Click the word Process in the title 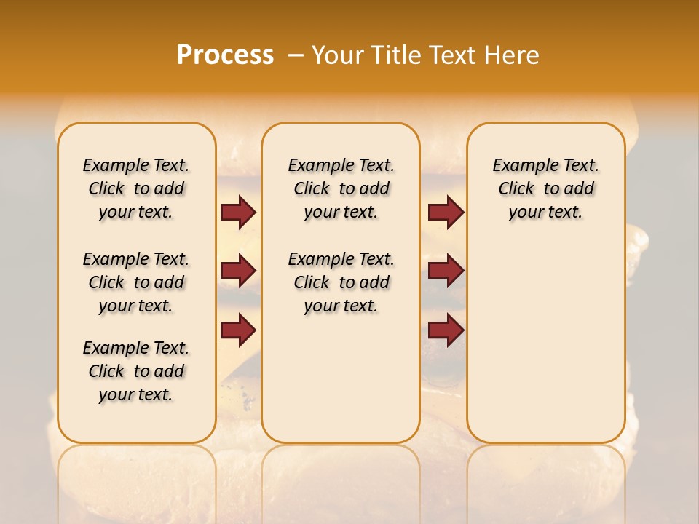point(225,55)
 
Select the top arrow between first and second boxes point(238,212)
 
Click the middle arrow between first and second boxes point(238,271)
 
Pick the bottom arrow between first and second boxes point(238,330)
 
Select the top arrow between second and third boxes point(446,212)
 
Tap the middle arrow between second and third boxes point(446,271)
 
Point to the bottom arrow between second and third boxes point(446,330)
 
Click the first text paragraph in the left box point(136,188)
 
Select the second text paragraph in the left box point(136,282)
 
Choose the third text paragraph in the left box point(136,371)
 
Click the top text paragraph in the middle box point(341,188)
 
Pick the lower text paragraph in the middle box point(341,282)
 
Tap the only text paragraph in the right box point(546,188)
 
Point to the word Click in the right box point(516,189)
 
